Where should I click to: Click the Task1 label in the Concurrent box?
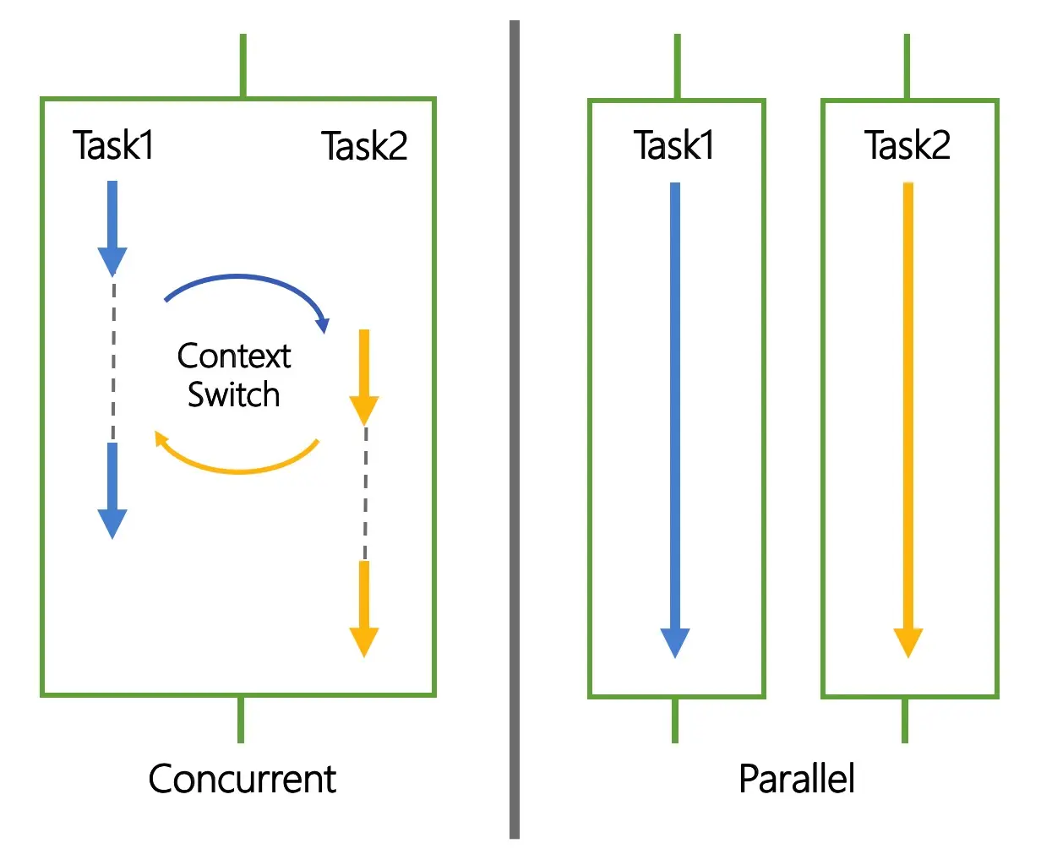[113, 145]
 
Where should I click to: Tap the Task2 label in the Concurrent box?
[364, 145]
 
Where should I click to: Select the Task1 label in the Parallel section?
[673, 145]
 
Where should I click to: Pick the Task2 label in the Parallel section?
[907, 145]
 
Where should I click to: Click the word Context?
[234, 356]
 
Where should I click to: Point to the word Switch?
[233, 394]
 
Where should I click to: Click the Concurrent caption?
[243, 779]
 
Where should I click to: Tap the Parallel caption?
[797, 779]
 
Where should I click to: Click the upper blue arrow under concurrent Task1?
[112, 228]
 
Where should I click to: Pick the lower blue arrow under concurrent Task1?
[112, 491]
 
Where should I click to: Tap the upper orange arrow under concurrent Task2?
[364, 378]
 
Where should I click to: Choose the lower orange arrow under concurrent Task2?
[364, 609]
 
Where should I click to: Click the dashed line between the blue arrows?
[114, 360]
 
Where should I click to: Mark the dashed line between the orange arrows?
[365, 493]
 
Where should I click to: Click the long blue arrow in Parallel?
[675, 421]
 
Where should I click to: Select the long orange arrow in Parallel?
[908, 421]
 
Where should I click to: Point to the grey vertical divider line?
[515, 430]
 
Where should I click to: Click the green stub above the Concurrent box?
[243, 65]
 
